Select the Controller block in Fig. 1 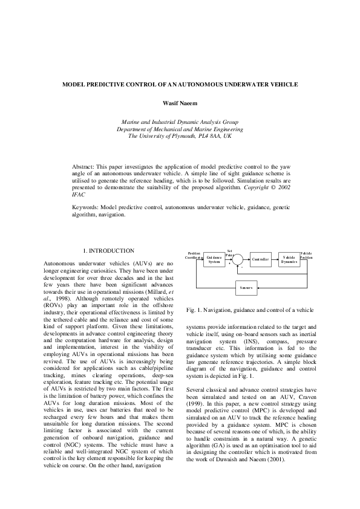coord(260,259)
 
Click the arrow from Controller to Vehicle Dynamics coord(274,259)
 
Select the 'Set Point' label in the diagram coord(230,253)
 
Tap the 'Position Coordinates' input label coord(194,256)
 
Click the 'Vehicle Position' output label coord(307,256)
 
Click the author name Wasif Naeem coord(180,103)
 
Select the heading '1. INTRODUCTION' coord(108,250)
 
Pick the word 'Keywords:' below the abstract coord(85,207)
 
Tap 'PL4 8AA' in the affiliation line coord(205,137)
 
